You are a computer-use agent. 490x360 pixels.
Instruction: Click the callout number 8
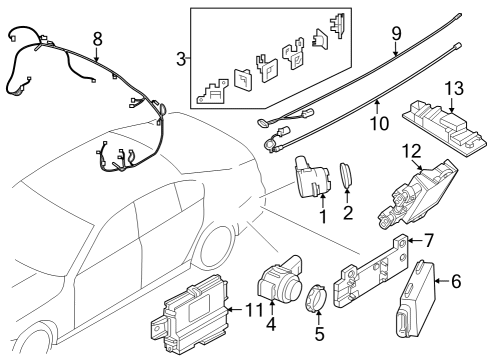click(x=96, y=39)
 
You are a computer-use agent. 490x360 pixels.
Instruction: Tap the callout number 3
click(x=181, y=59)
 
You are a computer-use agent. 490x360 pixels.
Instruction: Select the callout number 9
click(x=396, y=34)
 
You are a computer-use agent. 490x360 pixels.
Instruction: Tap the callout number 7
click(x=429, y=241)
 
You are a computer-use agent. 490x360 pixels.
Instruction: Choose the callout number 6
click(x=455, y=282)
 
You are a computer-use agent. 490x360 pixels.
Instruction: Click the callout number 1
click(x=323, y=214)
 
